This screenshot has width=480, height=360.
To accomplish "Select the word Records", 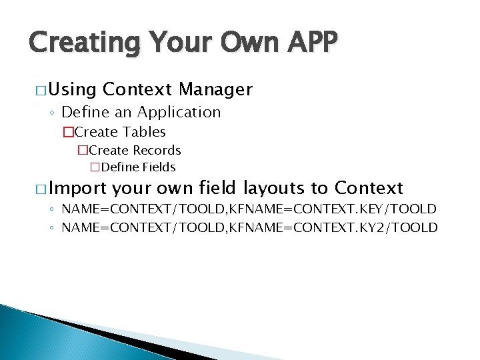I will point(156,150).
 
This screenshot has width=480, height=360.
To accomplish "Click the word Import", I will point(76,188).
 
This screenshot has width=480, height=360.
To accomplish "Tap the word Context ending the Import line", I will point(369,187).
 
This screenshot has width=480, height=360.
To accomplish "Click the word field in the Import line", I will point(219,187).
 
